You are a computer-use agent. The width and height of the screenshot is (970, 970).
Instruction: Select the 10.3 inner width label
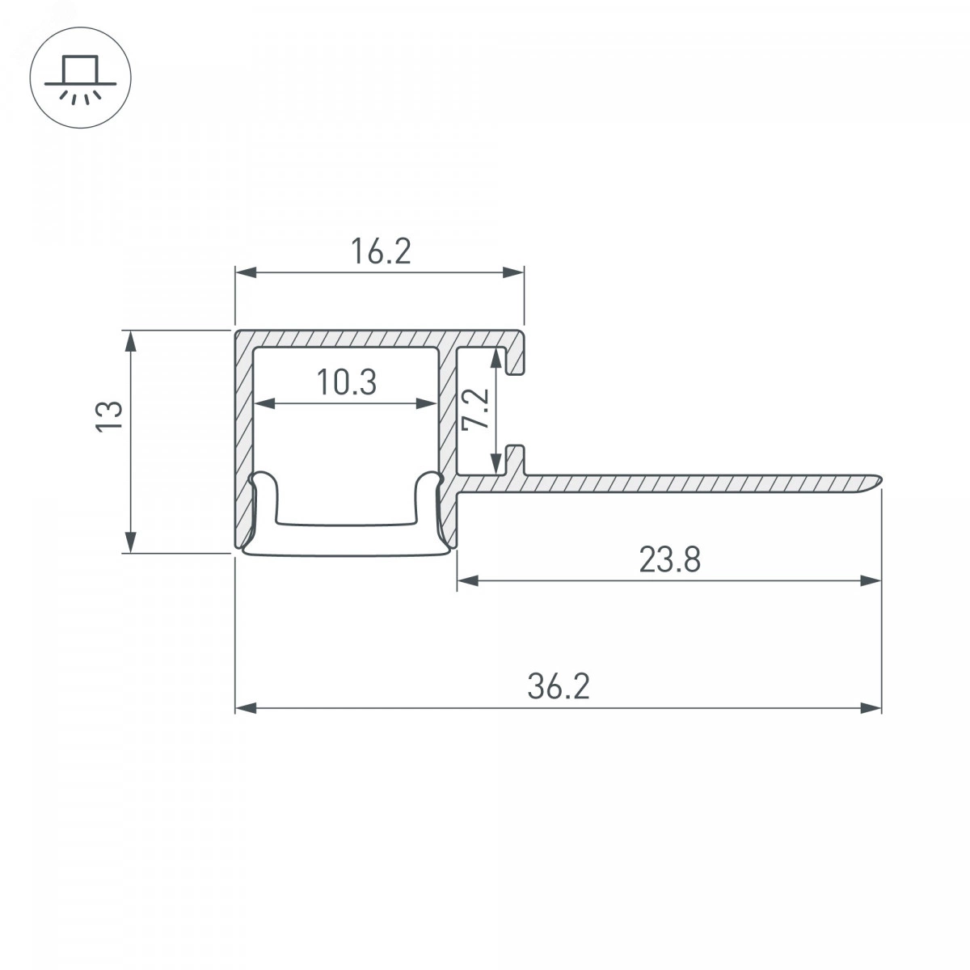(347, 382)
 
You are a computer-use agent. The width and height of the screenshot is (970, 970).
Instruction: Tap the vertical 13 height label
(109, 415)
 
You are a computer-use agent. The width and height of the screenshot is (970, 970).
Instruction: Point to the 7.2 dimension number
(475, 409)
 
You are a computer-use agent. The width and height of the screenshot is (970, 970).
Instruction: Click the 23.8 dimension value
(670, 559)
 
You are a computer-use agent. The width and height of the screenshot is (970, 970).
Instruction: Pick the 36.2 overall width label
(559, 686)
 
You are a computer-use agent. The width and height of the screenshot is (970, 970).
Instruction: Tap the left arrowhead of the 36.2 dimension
(247, 708)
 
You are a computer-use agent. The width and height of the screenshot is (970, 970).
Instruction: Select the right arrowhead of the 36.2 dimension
(871, 708)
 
